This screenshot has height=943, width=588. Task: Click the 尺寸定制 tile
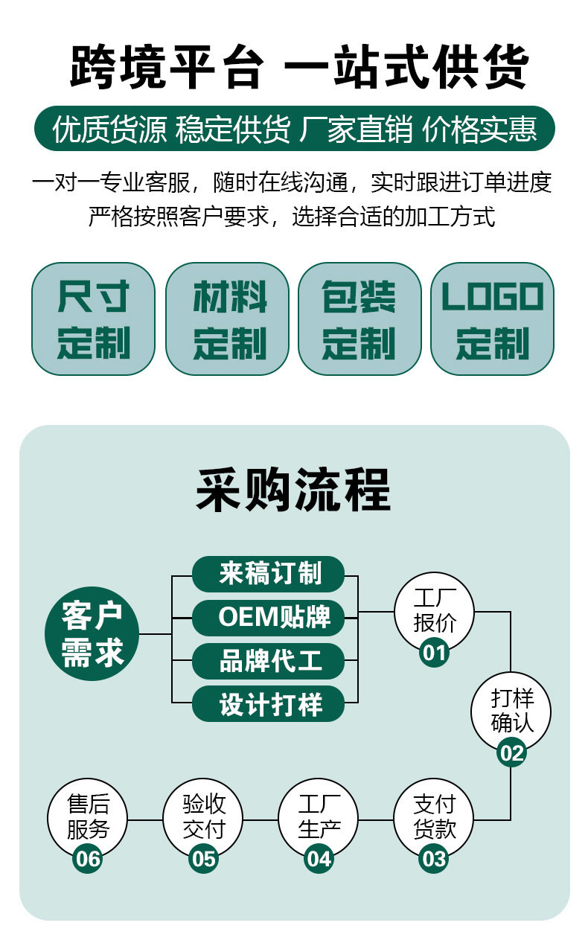pyautogui.click(x=93, y=319)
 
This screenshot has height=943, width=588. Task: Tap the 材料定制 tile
pyautogui.click(x=226, y=319)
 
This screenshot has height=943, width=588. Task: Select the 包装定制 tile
pyautogui.click(x=359, y=319)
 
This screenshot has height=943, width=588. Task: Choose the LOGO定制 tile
pyautogui.click(x=493, y=319)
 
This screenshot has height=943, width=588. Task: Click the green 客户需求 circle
pyautogui.click(x=92, y=633)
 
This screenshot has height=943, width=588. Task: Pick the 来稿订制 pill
pyautogui.click(x=269, y=575)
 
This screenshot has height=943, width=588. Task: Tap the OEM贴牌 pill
pyautogui.click(x=269, y=617)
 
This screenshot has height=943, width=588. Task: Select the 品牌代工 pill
pyautogui.click(x=269, y=660)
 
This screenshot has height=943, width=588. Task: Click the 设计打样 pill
pyautogui.click(x=269, y=703)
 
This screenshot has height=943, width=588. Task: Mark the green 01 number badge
pyautogui.click(x=434, y=653)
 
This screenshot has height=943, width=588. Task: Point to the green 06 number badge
pyautogui.click(x=88, y=859)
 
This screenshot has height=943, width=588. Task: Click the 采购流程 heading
pyautogui.click(x=293, y=489)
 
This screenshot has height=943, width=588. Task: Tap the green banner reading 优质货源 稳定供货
pyautogui.click(x=294, y=129)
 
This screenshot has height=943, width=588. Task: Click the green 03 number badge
pyautogui.click(x=434, y=859)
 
